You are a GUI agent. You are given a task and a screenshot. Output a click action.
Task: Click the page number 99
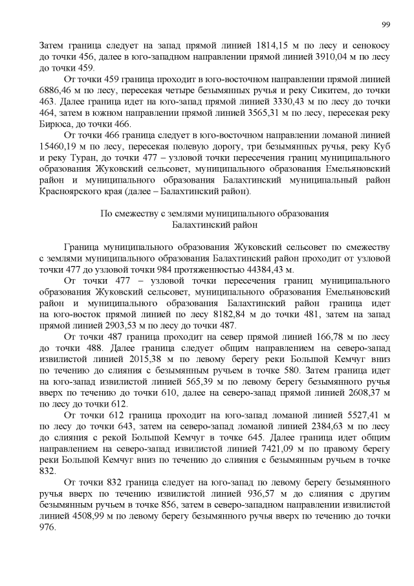(386, 24)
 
